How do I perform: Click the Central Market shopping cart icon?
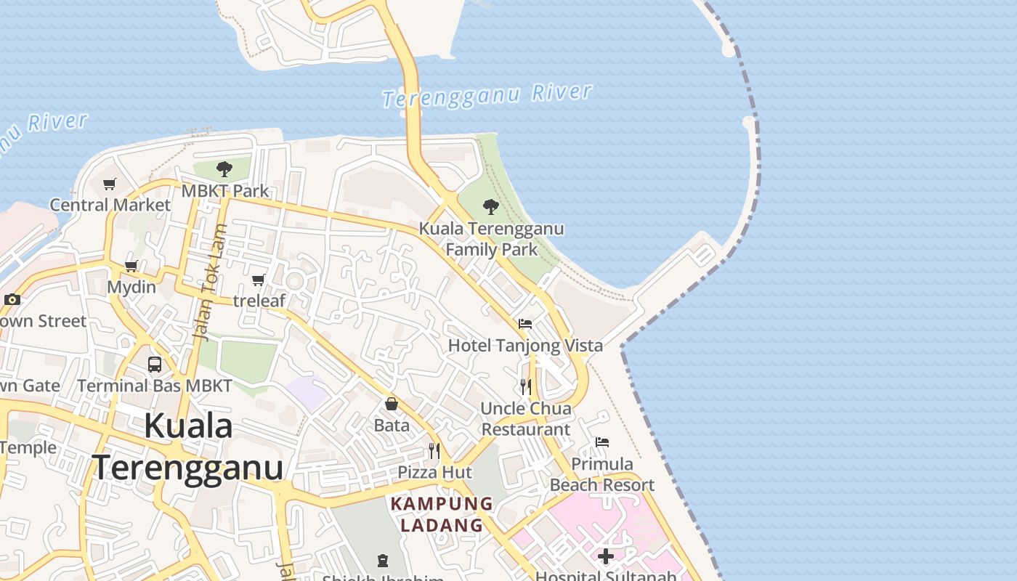click(109, 184)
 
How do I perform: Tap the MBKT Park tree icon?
click(224, 169)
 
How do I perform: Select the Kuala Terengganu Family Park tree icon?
click(491, 207)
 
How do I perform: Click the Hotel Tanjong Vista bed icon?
click(525, 324)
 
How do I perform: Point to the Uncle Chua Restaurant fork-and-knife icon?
click(525, 387)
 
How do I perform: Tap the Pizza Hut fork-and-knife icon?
click(434, 451)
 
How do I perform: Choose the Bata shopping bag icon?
click(392, 404)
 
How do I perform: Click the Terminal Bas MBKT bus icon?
click(155, 365)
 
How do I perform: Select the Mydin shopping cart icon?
click(131, 266)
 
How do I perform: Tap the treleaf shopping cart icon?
click(259, 280)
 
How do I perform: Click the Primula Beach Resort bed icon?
click(602, 442)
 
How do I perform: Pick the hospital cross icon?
click(606, 556)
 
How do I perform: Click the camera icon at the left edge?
click(12, 299)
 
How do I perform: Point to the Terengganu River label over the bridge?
click(487, 95)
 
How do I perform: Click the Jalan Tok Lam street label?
click(208, 283)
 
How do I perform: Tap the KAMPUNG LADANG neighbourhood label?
click(442, 514)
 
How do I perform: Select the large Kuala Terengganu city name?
click(187, 447)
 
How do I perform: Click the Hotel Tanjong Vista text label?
click(525, 346)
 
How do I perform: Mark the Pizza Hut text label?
click(434, 473)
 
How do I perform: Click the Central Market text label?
click(110, 206)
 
